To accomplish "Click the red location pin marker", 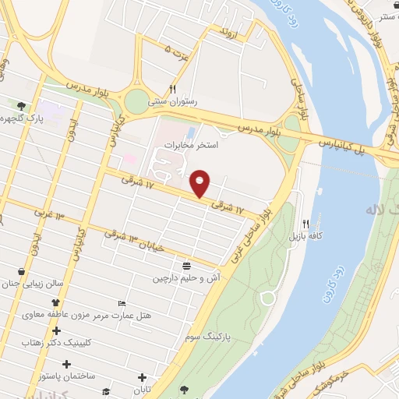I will click(200, 183).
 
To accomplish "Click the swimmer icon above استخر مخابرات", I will click(191, 130).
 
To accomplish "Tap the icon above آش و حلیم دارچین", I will click(187, 265).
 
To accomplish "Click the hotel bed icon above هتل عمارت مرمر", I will click(121, 303).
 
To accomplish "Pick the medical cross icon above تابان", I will click(142, 377).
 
